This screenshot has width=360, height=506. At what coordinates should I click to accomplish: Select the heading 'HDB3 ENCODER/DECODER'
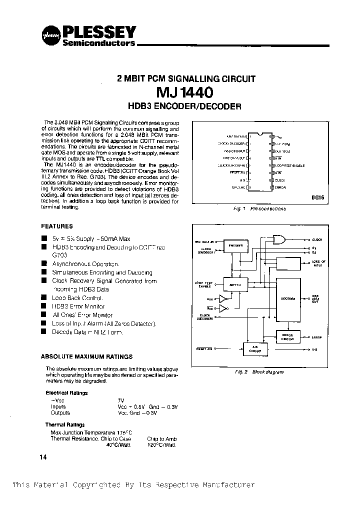click(185, 106)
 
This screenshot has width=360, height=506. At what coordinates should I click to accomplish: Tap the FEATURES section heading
click(56, 226)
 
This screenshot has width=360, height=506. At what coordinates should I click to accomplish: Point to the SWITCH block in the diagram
click(234, 284)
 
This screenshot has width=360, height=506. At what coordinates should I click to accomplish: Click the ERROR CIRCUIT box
click(287, 337)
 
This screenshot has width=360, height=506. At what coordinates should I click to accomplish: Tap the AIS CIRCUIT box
click(255, 349)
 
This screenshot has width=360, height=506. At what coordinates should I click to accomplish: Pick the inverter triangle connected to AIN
click(223, 299)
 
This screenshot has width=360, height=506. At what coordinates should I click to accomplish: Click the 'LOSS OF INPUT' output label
click(318, 263)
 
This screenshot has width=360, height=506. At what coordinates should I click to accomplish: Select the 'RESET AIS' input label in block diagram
click(204, 348)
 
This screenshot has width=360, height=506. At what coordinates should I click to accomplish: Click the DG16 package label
click(317, 197)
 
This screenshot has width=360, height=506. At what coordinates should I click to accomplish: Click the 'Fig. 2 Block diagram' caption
click(259, 372)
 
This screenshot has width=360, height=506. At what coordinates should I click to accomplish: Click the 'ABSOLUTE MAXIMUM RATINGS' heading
click(86, 356)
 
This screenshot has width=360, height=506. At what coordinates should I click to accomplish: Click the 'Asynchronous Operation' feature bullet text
click(85, 263)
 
